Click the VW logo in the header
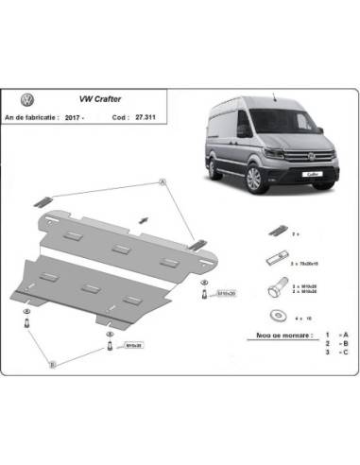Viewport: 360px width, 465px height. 27,97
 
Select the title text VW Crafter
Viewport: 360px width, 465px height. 90,97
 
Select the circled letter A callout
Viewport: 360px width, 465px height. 163,181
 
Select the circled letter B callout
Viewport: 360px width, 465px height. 54,362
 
